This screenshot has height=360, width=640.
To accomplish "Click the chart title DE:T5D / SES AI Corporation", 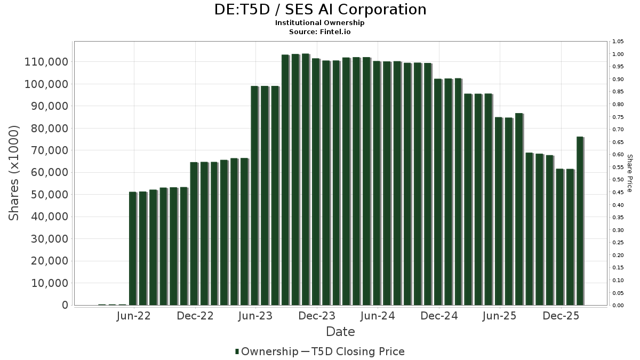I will pos(320,10).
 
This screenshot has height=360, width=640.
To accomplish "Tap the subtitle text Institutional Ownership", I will pos(320,23).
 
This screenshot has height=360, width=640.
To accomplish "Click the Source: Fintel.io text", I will pos(320,31).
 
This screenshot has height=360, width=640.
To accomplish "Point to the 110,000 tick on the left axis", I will pos(46,62).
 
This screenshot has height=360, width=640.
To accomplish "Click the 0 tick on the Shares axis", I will pos(65,305).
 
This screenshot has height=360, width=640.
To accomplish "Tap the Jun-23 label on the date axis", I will pos(256,316).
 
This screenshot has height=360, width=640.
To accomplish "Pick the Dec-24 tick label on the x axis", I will pos(439,316).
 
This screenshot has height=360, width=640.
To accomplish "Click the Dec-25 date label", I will pos(561,316).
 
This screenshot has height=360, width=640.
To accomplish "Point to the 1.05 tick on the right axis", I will pos(618,42).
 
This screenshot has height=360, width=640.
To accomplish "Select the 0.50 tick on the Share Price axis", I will pos(618,180).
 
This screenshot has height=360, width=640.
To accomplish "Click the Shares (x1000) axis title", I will pos(14,173).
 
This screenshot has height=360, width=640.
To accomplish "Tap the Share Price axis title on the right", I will pos(629,173).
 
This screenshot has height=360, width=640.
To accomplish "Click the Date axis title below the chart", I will pos(340,332).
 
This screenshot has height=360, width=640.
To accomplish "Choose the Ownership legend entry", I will pos(267,351).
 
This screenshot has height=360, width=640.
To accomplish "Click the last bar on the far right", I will pos(580,221).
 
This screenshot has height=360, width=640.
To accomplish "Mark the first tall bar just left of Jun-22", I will pos(132,249).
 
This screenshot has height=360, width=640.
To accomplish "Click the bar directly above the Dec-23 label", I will pos(316,182).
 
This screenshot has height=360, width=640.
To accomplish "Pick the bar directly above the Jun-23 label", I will pos(254,196).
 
